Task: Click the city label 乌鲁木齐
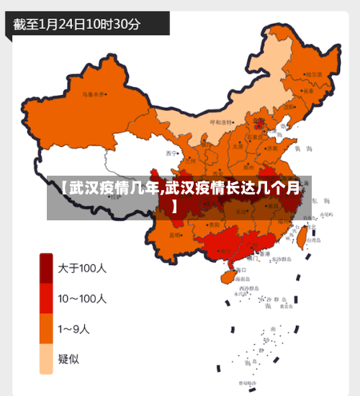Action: [93, 94]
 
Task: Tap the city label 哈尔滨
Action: [314, 74]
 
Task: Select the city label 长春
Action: [308, 91]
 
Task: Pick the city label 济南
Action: [271, 148]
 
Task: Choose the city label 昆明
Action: [175, 235]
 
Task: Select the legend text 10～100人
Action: [82, 298]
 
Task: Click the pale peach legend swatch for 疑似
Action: [46, 359]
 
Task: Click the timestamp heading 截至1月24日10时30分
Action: [77, 23]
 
